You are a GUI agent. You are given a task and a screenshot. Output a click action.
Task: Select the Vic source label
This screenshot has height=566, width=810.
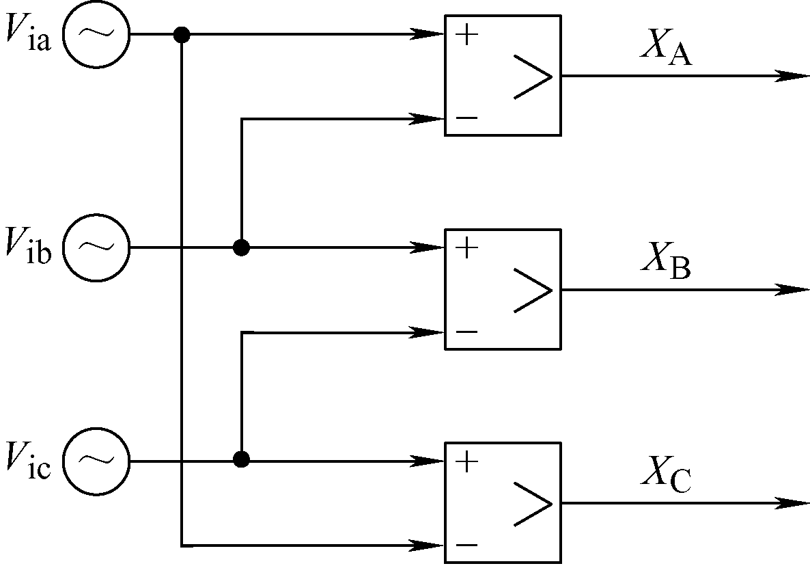coord(29,460)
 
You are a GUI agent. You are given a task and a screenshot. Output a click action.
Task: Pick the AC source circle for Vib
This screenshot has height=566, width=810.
coord(96,215)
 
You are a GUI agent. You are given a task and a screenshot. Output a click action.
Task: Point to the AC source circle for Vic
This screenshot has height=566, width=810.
coord(96,429)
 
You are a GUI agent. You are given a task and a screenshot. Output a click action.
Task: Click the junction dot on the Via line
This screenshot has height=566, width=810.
coord(181,35)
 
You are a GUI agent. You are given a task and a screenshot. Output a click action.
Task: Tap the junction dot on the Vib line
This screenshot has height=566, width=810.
coord(241,248)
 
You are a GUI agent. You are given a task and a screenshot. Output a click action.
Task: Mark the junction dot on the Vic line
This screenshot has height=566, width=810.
coord(241,459)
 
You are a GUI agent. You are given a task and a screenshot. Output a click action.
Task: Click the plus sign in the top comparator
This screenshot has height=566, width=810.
coord(467,35)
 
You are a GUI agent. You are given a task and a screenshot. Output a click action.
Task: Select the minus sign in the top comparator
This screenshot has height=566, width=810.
coord(467,118)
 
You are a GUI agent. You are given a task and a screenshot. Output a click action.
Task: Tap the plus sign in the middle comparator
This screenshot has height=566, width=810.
coord(467,247)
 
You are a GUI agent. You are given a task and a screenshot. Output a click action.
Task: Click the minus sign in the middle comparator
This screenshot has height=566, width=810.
coord(467,332)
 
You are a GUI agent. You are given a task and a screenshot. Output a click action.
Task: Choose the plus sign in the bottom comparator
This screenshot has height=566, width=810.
coord(467,461)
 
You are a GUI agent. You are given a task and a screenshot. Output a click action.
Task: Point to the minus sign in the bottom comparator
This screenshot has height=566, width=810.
coord(467,545)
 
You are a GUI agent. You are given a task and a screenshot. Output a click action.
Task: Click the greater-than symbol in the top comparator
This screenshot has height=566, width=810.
coord(533,77)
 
